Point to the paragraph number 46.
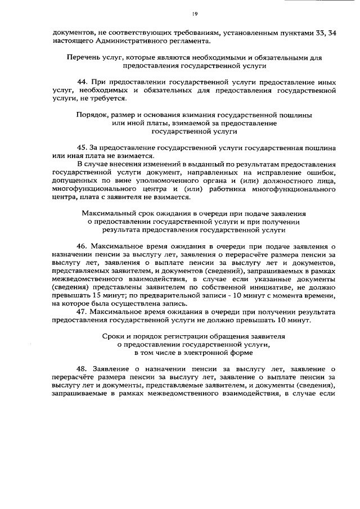(x=82, y=246)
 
